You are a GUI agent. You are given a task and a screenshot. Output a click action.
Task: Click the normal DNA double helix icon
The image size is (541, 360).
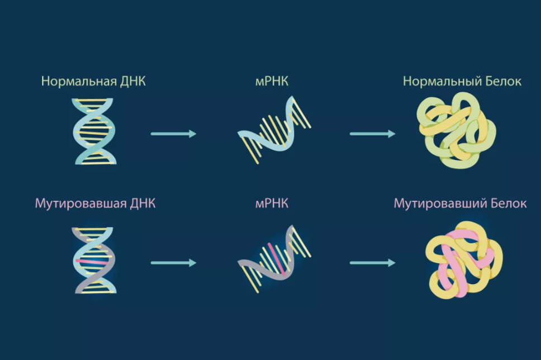point(94,131)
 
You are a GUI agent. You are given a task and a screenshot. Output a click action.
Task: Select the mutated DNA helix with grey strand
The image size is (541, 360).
point(94,260)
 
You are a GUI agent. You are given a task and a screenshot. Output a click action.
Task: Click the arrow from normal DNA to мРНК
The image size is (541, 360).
point(173,134)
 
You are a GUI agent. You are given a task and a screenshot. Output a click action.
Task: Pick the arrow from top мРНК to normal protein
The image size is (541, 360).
point(372,134)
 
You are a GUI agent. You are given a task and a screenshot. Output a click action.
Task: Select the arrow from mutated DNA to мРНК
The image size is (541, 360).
point(173,262)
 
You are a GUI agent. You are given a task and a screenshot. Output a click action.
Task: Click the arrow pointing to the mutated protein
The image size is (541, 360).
point(372,262)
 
